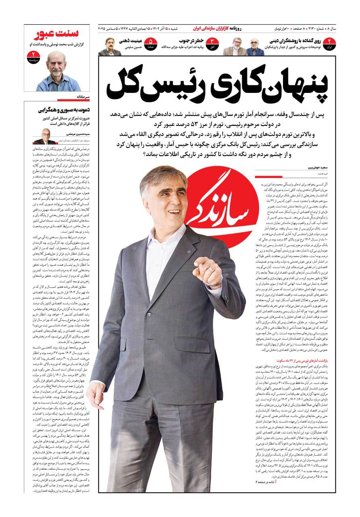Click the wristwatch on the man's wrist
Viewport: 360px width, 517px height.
click(215, 281)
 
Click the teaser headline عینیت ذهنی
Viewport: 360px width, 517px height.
click(130, 41)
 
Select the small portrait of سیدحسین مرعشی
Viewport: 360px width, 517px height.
click(44, 136)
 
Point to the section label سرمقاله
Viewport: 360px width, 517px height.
click(82, 97)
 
